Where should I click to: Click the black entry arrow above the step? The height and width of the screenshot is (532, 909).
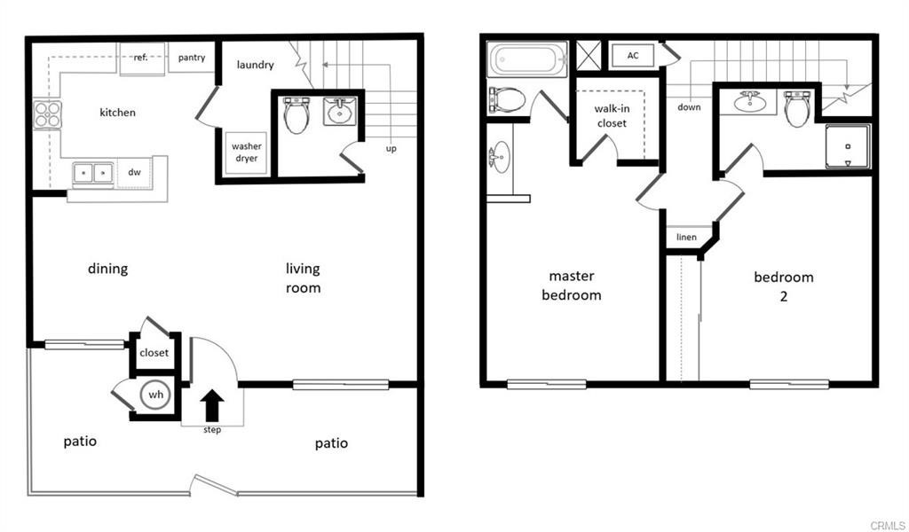click(x=211, y=406)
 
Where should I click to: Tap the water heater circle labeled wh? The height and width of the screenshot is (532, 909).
click(x=155, y=395)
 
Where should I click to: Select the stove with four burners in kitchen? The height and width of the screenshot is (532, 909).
click(x=48, y=115)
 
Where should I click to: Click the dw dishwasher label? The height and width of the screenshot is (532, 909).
click(x=135, y=172)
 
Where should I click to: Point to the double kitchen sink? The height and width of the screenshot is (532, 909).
click(x=93, y=172)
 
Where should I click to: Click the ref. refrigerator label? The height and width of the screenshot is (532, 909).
click(x=140, y=58)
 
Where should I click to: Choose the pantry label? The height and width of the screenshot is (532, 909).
click(x=191, y=59)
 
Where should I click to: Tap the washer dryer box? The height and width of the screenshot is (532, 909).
click(x=246, y=153)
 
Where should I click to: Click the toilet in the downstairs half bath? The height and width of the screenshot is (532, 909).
click(x=296, y=114)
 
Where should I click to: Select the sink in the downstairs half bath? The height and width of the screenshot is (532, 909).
click(x=339, y=111)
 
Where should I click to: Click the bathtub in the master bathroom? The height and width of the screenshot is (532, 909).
click(x=527, y=59)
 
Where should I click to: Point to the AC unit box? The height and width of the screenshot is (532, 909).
click(x=633, y=56)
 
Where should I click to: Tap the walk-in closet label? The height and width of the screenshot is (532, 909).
click(x=611, y=116)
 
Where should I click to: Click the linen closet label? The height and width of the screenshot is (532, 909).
click(x=686, y=237)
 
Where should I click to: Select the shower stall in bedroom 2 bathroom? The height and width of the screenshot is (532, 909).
click(x=847, y=146)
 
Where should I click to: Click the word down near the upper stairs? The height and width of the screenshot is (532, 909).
click(x=689, y=107)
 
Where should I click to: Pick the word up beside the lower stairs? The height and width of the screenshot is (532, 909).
click(x=391, y=148)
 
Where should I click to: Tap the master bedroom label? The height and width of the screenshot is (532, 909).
click(x=571, y=286)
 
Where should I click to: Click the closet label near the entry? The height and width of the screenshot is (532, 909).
click(x=154, y=353)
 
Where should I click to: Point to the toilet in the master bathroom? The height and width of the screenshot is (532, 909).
click(x=506, y=98)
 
